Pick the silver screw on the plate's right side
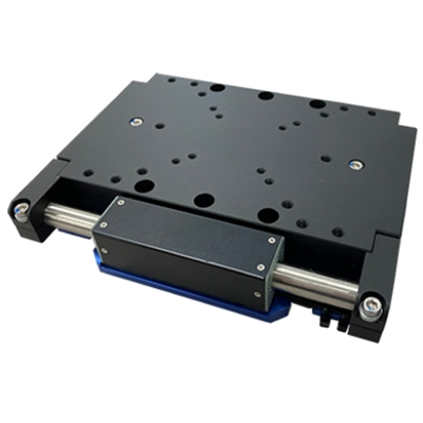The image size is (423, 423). point(354,166)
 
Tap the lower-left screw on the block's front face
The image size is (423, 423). point(106,249)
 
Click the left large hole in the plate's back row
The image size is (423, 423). point(218,89)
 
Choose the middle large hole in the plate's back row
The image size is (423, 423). point(265,95)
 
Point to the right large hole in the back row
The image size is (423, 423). point(317,104)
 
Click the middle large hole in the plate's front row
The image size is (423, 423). point(202,200)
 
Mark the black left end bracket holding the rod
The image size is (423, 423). point(35,204)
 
